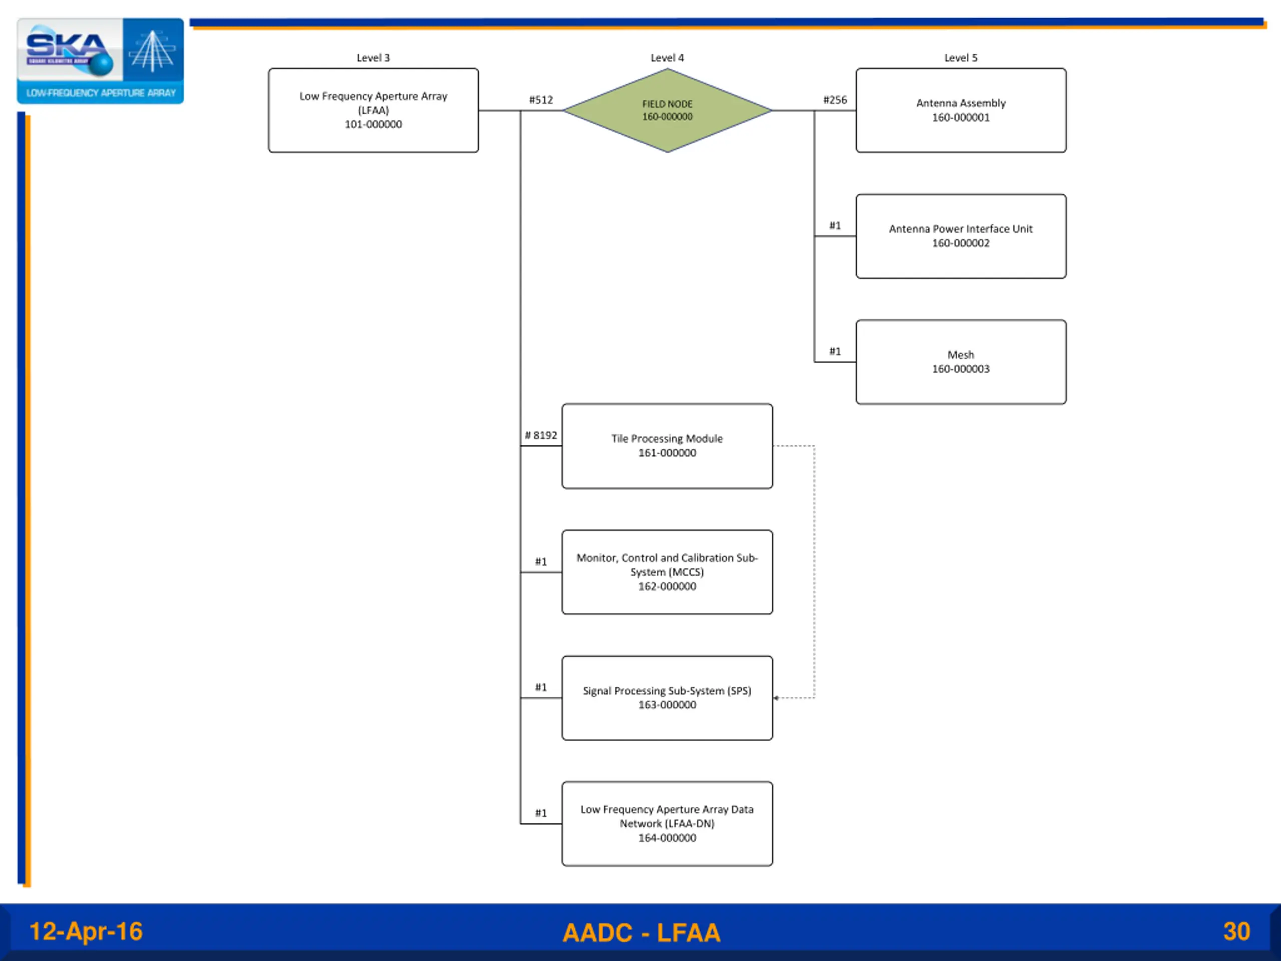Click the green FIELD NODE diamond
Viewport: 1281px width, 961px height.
pyautogui.click(x=667, y=110)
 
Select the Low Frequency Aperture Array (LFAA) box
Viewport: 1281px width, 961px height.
pyautogui.click(x=373, y=110)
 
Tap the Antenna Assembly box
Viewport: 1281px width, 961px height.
pyautogui.click(x=960, y=110)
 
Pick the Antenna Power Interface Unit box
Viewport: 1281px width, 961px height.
pyautogui.click(x=960, y=236)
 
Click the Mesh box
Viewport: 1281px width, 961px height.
pyautogui.click(x=960, y=361)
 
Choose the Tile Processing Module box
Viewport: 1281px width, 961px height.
pyautogui.click(x=667, y=445)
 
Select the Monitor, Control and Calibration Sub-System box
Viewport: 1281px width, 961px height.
pyautogui.click(x=667, y=571)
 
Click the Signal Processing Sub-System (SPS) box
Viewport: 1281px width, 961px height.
pyautogui.click(x=667, y=697)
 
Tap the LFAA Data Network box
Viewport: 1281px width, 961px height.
pyautogui.click(x=667, y=823)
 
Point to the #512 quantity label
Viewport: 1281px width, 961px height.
pyautogui.click(x=541, y=100)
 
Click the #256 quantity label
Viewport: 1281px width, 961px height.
pyautogui.click(x=835, y=100)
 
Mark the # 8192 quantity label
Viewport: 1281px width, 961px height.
pyautogui.click(x=541, y=435)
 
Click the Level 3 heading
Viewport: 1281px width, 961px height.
pyautogui.click(x=373, y=58)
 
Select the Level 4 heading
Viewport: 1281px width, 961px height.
pyautogui.click(x=667, y=58)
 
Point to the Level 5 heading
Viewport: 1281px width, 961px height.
pyautogui.click(x=960, y=58)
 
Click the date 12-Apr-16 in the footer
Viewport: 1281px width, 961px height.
pyautogui.click(x=86, y=931)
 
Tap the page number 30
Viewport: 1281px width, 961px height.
pyautogui.click(x=1236, y=931)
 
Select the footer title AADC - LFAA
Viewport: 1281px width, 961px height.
pyautogui.click(x=641, y=932)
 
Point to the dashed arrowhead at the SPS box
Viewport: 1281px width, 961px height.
pyautogui.click(x=776, y=697)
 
